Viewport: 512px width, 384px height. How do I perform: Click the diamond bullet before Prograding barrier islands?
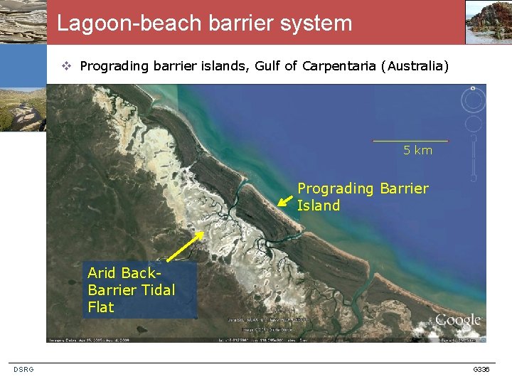(x=65, y=67)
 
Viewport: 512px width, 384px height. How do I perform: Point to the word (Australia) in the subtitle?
(x=415, y=66)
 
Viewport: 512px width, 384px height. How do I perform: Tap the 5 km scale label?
(x=417, y=150)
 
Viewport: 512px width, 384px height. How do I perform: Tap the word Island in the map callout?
(x=319, y=206)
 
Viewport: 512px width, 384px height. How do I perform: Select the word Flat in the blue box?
(x=101, y=307)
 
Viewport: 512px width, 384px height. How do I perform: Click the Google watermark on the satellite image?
(x=457, y=321)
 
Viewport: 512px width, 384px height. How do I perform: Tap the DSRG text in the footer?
(x=23, y=369)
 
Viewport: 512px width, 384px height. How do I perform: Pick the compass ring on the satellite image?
(x=472, y=100)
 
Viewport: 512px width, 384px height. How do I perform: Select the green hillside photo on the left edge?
(x=23, y=110)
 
